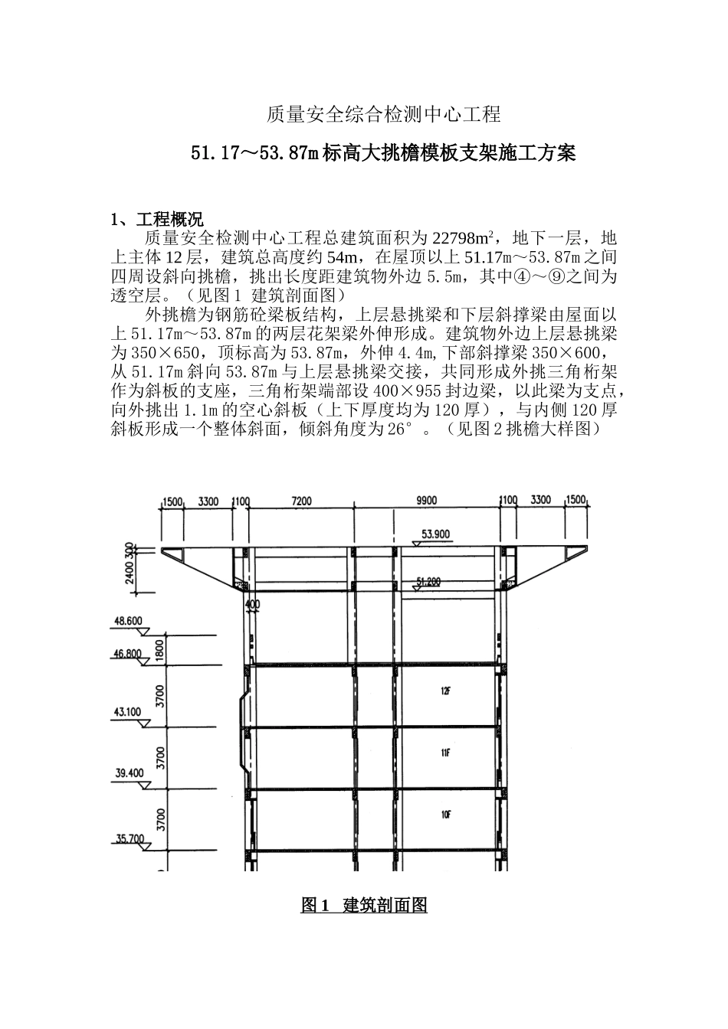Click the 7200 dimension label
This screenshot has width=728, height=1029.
click(x=302, y=501)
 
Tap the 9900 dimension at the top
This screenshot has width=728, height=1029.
click(x=426, y=501)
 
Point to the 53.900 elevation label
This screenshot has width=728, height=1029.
click(x=435, y=534)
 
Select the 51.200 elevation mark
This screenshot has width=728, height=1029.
click(x=429, y=582)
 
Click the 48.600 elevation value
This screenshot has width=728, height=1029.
click(x=127, y=620)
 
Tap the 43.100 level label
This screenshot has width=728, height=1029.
click(x=127, y=711)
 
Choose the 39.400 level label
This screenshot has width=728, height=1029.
click(x=130, y=773)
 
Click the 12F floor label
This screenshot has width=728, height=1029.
click(x=445, y=691)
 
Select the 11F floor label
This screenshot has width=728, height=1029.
click(x=445, y=753)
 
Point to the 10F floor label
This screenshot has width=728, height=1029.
click(x=445, y=815)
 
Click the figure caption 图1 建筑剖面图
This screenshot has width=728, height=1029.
click(x=364, y=905)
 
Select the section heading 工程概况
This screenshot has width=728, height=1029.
click(x=169, y=219)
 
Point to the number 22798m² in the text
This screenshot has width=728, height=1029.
click(x=465, y=237)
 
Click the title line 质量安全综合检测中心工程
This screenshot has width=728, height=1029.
click(x=383, y=115)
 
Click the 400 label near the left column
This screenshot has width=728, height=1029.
click(x=253, y=604)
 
